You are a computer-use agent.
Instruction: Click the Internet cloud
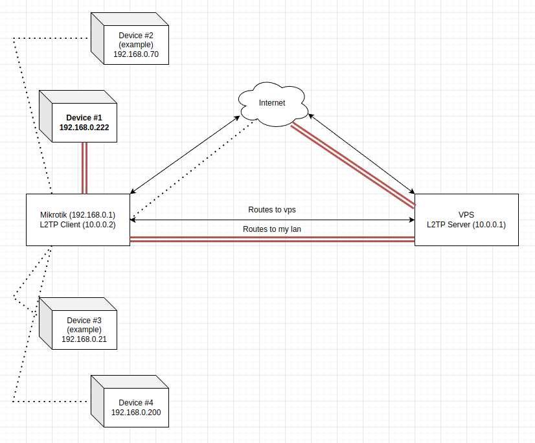click(273, 104)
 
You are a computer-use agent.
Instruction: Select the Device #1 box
click(78, 117)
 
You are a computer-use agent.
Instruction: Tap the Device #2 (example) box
click(130, 39)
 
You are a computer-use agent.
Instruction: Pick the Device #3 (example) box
click(78, 324)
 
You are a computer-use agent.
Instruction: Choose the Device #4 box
click(130, 402)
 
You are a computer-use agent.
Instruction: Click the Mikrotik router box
click(78, 220)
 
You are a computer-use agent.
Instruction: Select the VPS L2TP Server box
click(466, 220)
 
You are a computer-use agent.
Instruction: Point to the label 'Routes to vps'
click(272, 210)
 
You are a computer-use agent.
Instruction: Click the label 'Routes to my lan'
click(272, 229)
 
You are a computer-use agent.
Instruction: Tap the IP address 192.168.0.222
click(84, 128)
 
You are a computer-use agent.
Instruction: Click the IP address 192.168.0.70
click(136, 54)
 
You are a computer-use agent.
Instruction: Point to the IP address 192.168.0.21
click(84, 339)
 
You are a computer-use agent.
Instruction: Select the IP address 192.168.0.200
click(136, 413)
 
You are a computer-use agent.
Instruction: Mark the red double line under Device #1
click(85, 168)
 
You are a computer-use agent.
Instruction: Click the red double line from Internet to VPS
click(353, 165)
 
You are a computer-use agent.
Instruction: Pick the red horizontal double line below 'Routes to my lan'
click(272, 239)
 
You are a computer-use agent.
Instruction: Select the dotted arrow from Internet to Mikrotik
click(193, 170)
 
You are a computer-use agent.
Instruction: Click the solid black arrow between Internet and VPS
click(361, 154)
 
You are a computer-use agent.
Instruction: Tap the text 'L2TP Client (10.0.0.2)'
click(78, 225)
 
